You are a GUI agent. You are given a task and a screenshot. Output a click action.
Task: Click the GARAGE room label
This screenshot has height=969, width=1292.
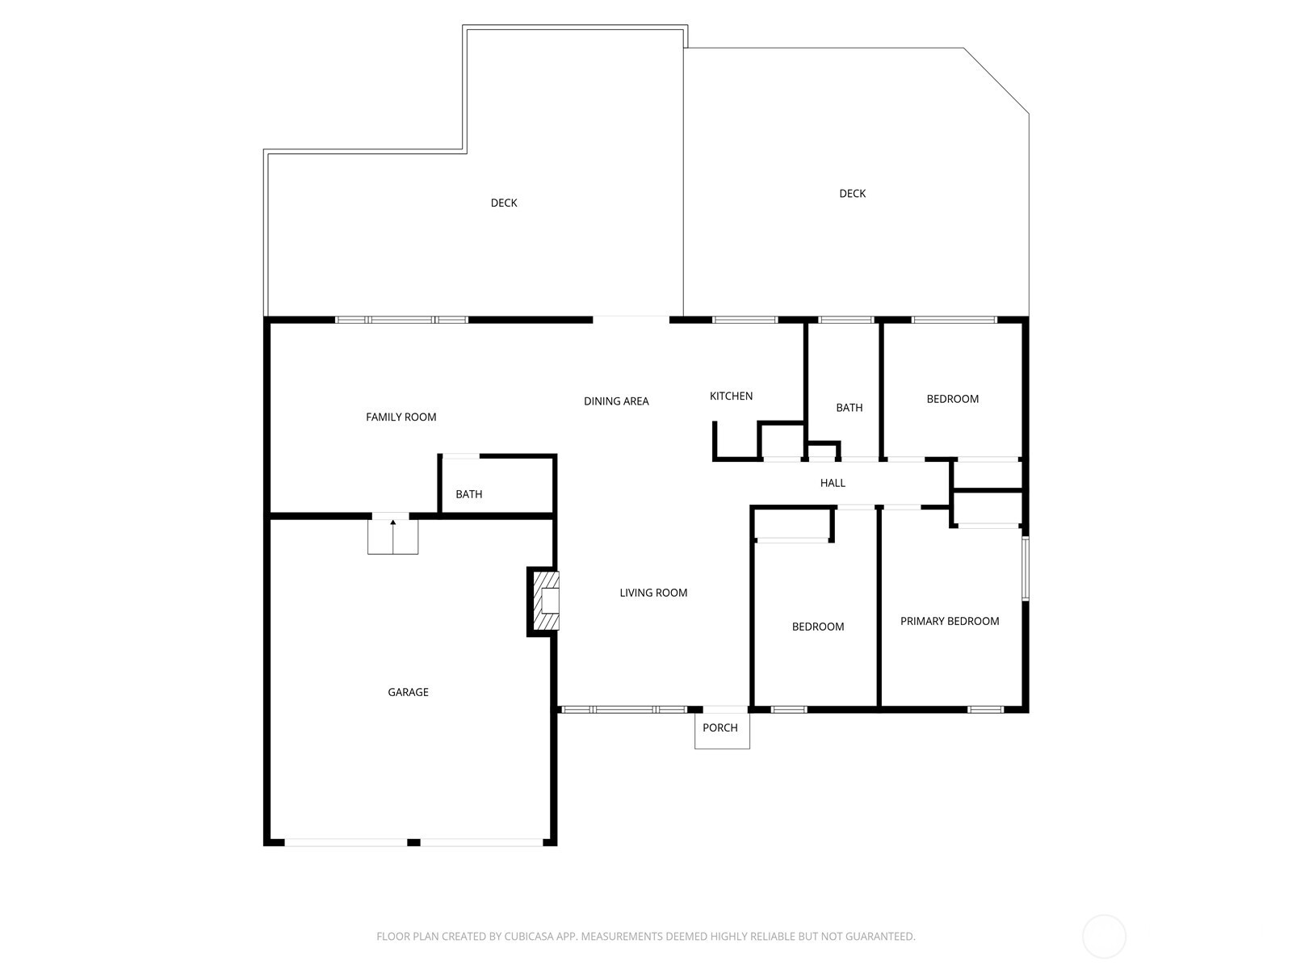tap(408, 692)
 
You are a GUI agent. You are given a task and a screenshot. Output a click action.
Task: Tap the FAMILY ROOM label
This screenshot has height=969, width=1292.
tap(401, 417)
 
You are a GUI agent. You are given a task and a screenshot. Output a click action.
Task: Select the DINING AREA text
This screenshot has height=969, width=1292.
tap(616, 401)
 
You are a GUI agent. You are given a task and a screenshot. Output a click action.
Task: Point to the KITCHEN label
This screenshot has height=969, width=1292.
tap(731, 396)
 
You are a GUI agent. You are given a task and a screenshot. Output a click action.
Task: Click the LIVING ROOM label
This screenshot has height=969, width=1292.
tap(653, 593)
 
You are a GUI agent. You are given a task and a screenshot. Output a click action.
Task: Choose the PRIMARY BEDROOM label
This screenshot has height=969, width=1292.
tap(950, 621)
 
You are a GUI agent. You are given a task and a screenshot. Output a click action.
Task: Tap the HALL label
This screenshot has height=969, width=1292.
tap(833, 483)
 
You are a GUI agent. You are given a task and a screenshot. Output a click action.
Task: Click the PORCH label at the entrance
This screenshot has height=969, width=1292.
tap(719, 728)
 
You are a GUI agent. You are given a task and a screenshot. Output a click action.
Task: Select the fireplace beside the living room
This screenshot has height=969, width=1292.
tap(546, 601)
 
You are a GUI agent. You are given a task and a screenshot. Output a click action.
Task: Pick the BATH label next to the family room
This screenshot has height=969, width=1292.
tap(468, 494)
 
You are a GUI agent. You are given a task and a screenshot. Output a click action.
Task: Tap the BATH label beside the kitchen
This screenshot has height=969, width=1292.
tap(849, 408)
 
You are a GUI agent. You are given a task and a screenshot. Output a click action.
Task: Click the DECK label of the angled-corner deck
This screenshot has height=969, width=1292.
tap(852, 193)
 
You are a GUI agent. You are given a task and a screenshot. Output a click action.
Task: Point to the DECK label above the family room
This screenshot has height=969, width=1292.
tap(504, 203)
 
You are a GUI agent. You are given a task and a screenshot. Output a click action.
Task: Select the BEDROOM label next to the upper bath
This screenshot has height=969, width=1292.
tap(952, 399)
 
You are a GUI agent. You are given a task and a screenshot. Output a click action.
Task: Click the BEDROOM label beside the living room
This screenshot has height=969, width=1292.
tap(817, 627)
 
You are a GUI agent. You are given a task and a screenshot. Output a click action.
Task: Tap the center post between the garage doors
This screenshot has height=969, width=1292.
tap(413, 842)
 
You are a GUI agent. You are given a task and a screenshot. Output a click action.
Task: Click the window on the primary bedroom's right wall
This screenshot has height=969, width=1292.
tap(1026, 568)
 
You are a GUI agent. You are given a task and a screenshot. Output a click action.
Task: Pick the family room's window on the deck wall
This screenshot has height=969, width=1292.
tap(401, 320)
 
